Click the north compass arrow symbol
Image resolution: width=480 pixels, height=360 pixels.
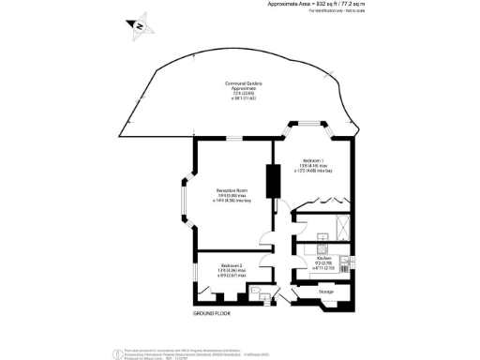pyautogui.click(x=139, y=25)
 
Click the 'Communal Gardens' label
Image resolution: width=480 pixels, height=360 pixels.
pyautogui.click(x=243, y=83)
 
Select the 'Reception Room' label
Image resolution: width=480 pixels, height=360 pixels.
pyautogui.click(x=231, y=190)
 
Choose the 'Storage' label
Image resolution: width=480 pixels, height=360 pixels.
pyautogui.click(x=326, y=292)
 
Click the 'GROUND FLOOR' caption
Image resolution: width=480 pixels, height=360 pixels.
pyautogui.click(x=212, y=311)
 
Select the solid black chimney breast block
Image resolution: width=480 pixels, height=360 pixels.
pyautogui.click(x=274, y=181)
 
